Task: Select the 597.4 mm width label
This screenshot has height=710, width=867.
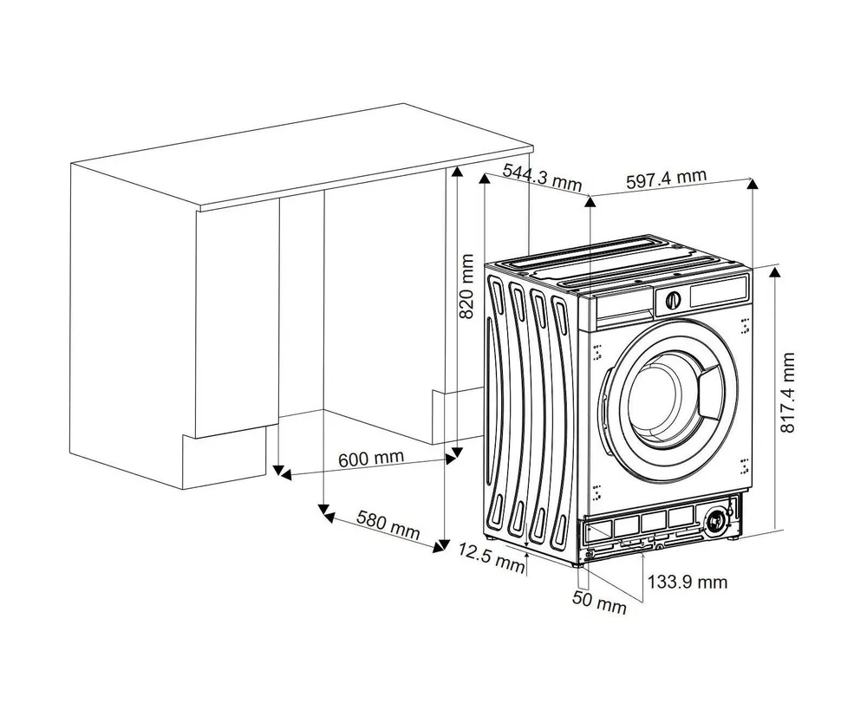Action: pos(665,179)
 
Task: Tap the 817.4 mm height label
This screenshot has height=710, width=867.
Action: pos(788,392)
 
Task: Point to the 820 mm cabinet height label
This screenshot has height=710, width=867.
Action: pos(466,287)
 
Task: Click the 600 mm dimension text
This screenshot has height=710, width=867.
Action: pos(370,459)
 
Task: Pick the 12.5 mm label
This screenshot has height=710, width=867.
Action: pos(492,557)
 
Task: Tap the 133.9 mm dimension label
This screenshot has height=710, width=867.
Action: pos(691,582)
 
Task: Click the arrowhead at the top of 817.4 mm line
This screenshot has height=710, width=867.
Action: pos(774,273)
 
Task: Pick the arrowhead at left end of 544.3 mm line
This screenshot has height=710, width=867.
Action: pos(485,178)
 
